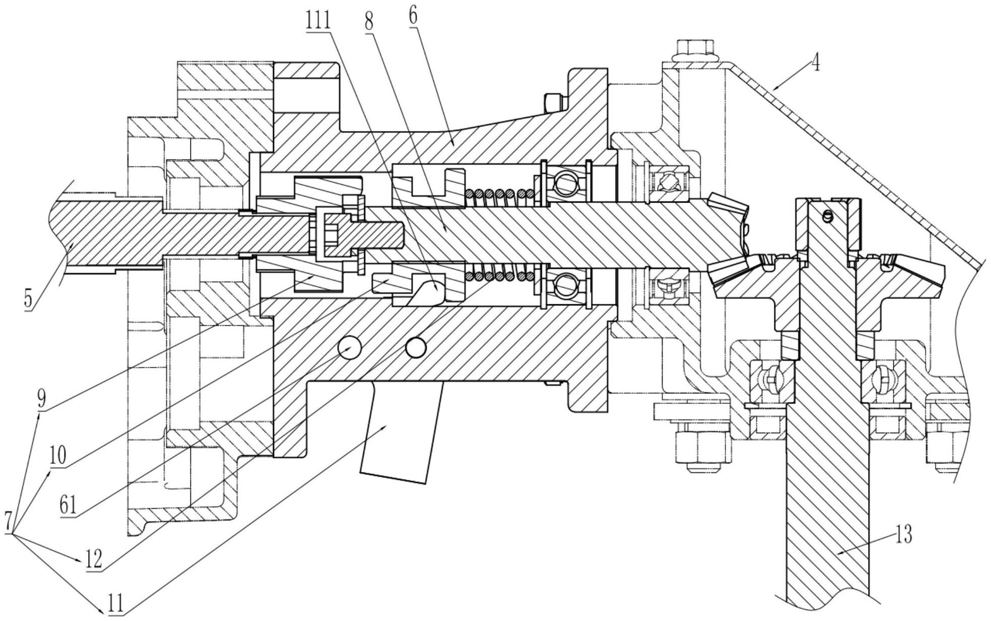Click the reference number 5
pyautogui.click(x=29, y=298)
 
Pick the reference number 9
pyautogui.click(x=41, y=399)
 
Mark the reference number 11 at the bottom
pyautogui.click(x=115, y=602)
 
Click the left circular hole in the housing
pyautogui.click(x=348, y=348)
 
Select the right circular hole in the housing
pyautogui.click(x=416, y=347)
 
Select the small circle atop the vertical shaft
pyautogui.click(x=826, y=217)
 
